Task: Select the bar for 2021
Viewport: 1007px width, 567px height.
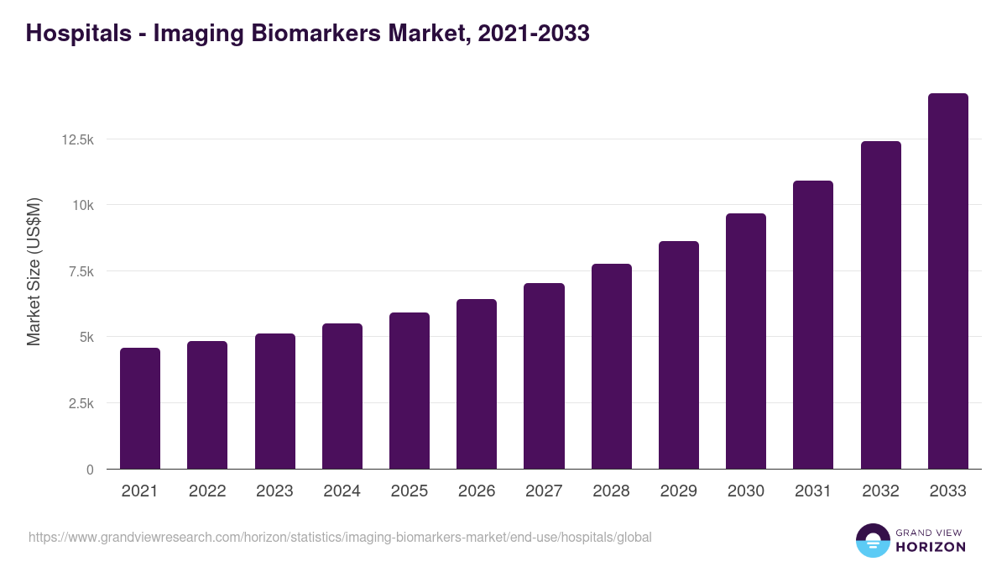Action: pyautogui.click(x=140, y=408)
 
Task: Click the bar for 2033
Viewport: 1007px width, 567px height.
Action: pyautogui.click(x=947, y=281)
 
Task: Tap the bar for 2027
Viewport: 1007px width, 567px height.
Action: pyautogui.click(x=544, y=376)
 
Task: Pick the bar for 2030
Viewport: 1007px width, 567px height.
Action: pyautogui.click(x=746, y=341)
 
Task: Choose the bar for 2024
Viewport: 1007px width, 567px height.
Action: pyautogui.click(x=342, y=396)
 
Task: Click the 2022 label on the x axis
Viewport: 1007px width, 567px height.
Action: pyautogui.click(x=207, y=491)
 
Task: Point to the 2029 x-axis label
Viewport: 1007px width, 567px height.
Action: pyautogui.click(x=678, y=491)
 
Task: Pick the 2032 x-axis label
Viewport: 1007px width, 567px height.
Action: pyautogui.click(x=880, y=491)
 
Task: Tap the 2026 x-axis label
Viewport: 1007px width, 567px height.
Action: pyautogui.click(x=477, y=491)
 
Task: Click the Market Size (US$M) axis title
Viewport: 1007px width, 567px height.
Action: pyautogui.click(x=34, y=271)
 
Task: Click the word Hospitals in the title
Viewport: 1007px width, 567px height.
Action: pyautogui.click(x=77, y=33)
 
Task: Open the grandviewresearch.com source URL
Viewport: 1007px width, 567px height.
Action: pyautogui.click(x=340, y=537)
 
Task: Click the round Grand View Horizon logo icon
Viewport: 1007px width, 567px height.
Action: pyautogui.click(x=872, y=540)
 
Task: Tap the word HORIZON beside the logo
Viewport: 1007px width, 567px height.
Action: pyautogui.click(x=931, y=547)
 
